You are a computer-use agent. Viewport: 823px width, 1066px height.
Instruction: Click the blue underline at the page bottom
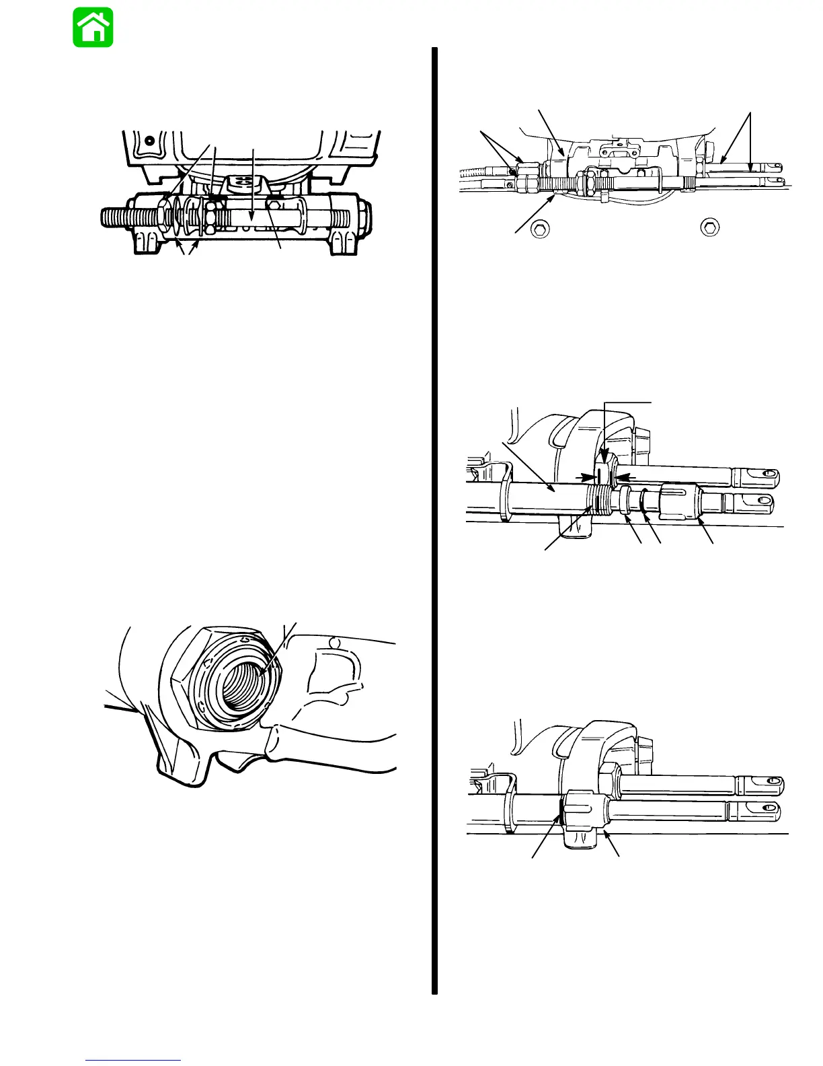tap(133, 1060)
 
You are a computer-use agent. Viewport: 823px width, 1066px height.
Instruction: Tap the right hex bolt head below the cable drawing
tap(708, 227)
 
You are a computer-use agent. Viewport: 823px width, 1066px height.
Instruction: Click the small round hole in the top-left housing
tap(149, 139)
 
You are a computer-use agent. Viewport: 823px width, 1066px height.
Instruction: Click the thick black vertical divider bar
tap(435, 518)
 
